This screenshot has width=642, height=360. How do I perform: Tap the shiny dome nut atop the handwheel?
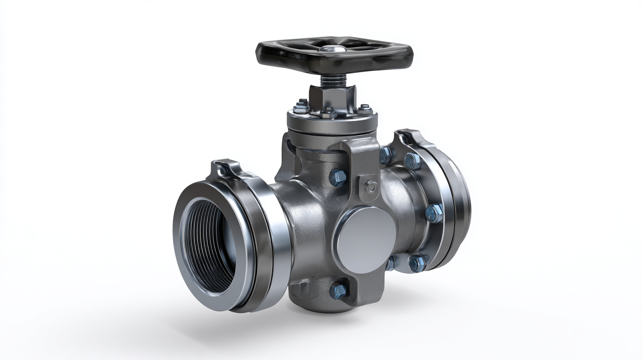pyautogui.click(x=332, y=48)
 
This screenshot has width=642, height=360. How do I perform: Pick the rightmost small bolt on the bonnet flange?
pyautogui.click(x=365, y=109)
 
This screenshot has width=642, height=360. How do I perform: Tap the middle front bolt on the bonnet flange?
pyautogui.click(x=328, y=112)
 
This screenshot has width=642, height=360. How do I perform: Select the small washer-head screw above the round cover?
pyautogui.click(x=371, y=187)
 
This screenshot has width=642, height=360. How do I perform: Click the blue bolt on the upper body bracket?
pyautogui.click(x=338, y=177)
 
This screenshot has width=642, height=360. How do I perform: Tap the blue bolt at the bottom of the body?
pyautogui.click(x=338, y=290)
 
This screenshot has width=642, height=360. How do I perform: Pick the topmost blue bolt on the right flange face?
pyautogui.click(x=413, y=161)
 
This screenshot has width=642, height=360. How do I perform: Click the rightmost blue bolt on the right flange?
pyautogui.click(x=434, y=213)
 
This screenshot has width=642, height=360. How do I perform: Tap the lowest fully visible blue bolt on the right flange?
pyautogui.click(x=416, y=263)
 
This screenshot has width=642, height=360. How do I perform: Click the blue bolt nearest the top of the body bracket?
pyautogui.click(x=385, y=155)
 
